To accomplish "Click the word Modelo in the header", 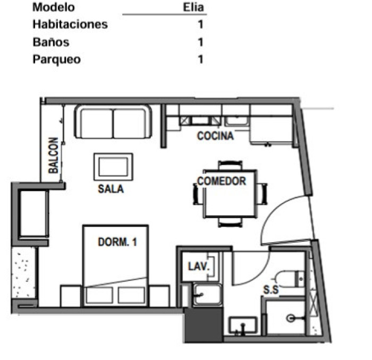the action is [x=54, y=7].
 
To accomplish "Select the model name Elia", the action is [x=193, y=7].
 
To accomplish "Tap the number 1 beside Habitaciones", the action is [x=201, y=24].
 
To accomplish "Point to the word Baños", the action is [x=51, y=42].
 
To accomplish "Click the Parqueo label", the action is [x=57, y=60].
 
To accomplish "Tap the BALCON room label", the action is [x=53, y=155].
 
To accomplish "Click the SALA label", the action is [x=111, y=189].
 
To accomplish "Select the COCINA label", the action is [x=215, y=136].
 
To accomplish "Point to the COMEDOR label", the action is [x=222, y=181].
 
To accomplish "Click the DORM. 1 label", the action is [x=117, y=242].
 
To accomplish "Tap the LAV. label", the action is [x=199, y=266].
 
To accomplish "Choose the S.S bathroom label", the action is [x=271, y=289].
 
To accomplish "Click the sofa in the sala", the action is [x=113, y=122].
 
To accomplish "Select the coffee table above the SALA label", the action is [x=113, y=166].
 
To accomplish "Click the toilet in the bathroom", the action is [x=290, y=279].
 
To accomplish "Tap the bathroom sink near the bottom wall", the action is [x=243, y=325].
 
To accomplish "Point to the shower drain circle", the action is [x=291, y=318].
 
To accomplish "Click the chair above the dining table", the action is [x=230, y=165].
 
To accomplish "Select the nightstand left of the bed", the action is [x=71, y=296].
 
